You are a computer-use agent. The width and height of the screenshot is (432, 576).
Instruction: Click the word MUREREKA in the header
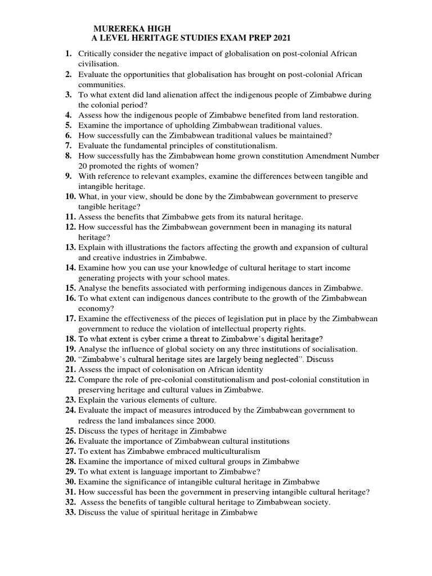coord(116,28)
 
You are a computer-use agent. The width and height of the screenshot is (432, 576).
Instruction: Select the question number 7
coord(68,145)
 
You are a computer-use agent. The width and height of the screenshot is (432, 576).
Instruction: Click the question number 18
coord(70,339)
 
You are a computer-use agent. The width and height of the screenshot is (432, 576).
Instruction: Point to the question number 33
coord(70,512)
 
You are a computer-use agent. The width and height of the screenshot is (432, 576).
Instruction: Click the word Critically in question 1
coord(94,53)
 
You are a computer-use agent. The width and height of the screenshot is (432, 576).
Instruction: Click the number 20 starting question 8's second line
coord(83,165)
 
